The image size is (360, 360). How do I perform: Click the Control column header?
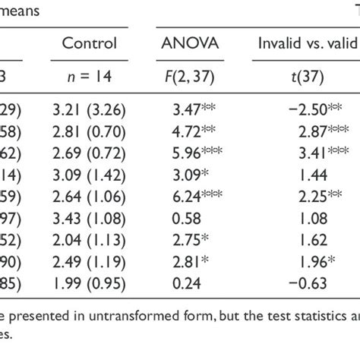(x=90, y=44)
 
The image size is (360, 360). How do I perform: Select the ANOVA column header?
(x=190, y=44)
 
